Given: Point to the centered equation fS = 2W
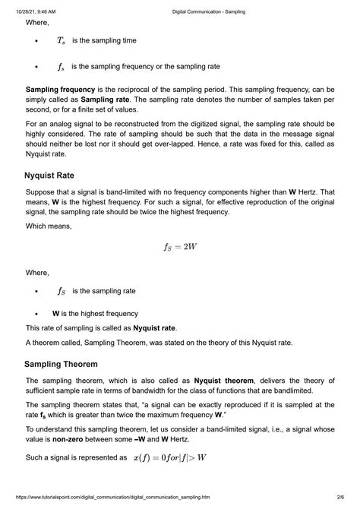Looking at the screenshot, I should (180, 247).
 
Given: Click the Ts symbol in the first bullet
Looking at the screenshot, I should (61, 40).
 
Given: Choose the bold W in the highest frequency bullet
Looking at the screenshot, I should (56, 313).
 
